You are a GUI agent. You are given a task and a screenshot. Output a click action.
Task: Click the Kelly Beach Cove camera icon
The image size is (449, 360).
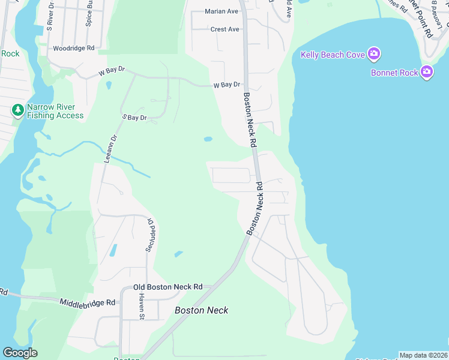[375, 55]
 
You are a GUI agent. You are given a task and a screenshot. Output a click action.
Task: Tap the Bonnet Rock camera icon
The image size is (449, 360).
[427, 73]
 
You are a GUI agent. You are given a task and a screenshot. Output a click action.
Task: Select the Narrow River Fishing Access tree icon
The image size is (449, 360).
[18, 110]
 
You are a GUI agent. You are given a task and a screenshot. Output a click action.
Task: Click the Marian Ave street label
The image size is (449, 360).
[221, 11]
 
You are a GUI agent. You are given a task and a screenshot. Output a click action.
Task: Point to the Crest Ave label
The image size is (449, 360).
[224, 29]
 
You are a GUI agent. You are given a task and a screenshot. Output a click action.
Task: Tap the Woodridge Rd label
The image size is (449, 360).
[74, 48]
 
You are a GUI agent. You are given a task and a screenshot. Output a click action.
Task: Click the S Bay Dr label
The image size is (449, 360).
[134, 118]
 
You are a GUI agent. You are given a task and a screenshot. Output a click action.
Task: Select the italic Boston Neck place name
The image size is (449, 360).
[201, 310]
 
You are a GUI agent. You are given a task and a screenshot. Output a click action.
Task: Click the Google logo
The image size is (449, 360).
[20, 353]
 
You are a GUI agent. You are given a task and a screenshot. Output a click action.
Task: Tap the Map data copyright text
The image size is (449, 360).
[424, 355]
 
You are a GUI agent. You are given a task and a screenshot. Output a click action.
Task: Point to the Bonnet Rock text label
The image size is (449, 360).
[394, 73]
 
